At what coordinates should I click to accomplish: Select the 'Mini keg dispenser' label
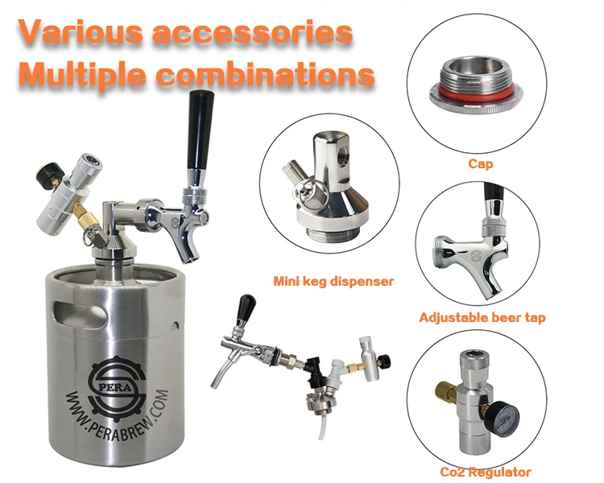(x=333, y=282)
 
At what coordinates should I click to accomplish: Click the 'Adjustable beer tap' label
(x=482, y=318)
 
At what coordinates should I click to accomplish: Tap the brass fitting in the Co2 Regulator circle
(x=446, y=395)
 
